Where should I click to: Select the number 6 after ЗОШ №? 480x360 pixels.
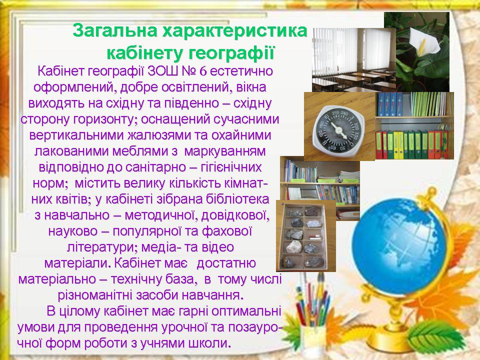click(203, 71)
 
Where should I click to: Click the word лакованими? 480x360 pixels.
click(71, 151)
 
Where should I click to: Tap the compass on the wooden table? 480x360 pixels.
click(339, 130)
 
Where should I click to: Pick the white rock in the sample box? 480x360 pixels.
click(294, 246)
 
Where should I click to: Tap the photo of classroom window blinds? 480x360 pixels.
click(353, 59)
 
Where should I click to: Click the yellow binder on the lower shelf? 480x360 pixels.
click(396, 145)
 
